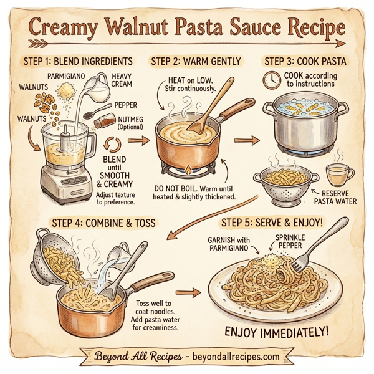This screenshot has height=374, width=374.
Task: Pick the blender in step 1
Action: point(64,159)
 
